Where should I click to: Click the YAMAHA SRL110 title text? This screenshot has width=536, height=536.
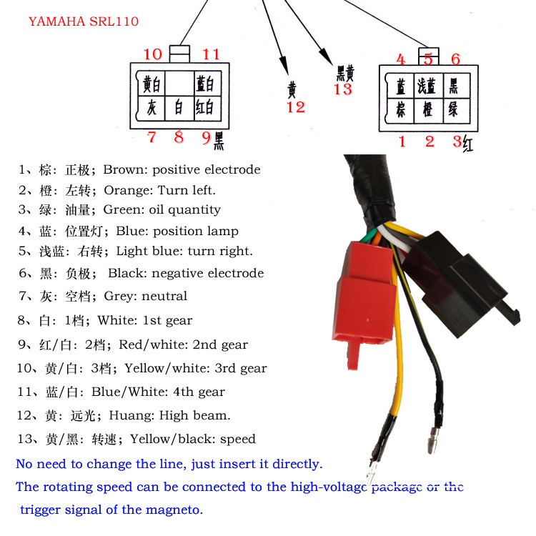pos(84,21)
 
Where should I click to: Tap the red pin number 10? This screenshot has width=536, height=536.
pos(153,54)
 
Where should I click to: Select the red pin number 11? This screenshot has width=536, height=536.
pos(211,54)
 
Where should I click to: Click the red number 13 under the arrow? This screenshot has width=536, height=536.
pos(343,89)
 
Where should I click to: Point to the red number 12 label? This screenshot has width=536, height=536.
pos(295,107)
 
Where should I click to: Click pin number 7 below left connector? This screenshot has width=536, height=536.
pos(152,137)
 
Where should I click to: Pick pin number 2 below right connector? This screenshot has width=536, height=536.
pos(430,142)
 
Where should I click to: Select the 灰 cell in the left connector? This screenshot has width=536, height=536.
pos(151,108)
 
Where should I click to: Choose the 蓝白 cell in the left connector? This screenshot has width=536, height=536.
pos(205,84)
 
